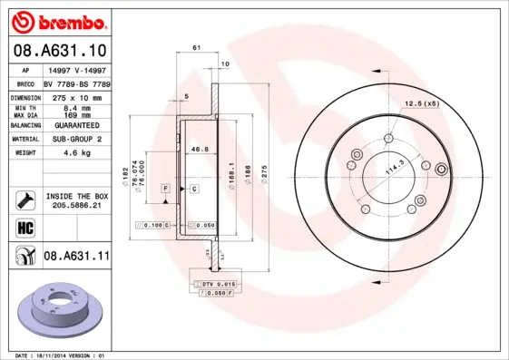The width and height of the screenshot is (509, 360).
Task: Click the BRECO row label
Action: click(26, 83)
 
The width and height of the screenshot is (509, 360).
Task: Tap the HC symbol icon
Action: click(25, 227)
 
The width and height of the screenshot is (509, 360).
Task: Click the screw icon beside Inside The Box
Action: click(25, 200)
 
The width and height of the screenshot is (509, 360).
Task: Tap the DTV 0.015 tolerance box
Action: click(215, 285)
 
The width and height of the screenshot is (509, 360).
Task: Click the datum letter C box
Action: click(193, 188)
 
